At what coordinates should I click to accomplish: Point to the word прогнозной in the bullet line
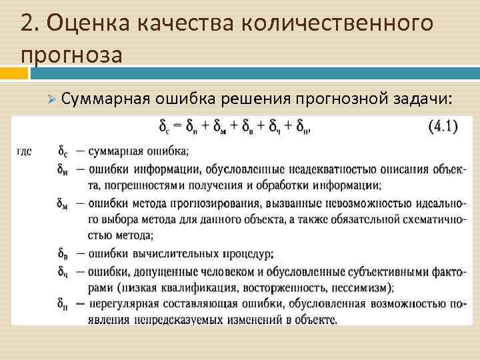coord(340,99)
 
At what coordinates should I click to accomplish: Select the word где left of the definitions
coord(23,151)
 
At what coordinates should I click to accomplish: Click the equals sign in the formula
coord(180,127)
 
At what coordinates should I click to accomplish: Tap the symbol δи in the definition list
coord(63,167)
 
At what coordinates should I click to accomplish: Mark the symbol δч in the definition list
coord(63,271)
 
